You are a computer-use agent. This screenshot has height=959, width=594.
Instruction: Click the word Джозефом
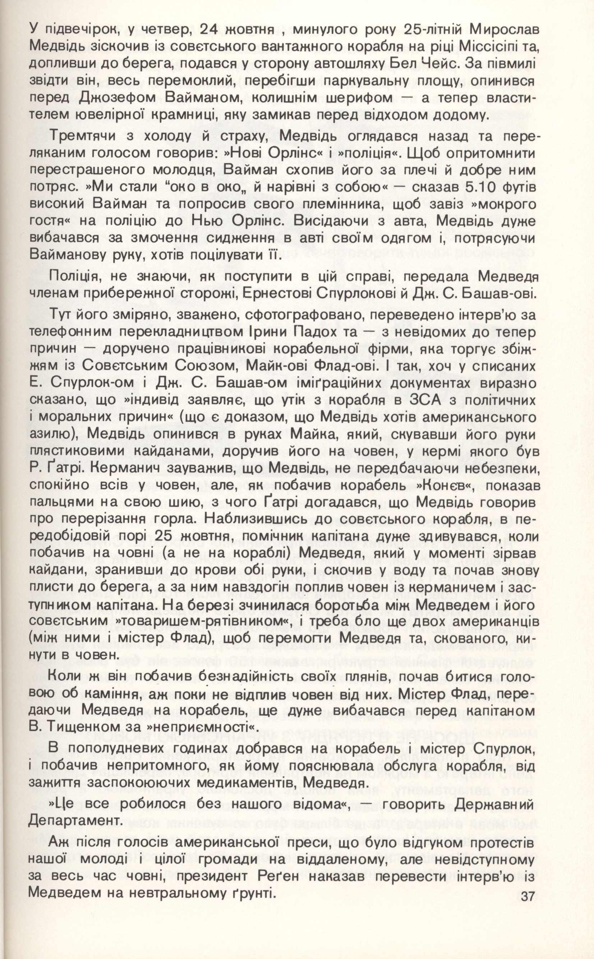(118, 98)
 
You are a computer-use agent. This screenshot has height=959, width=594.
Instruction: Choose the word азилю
(52, 435)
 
